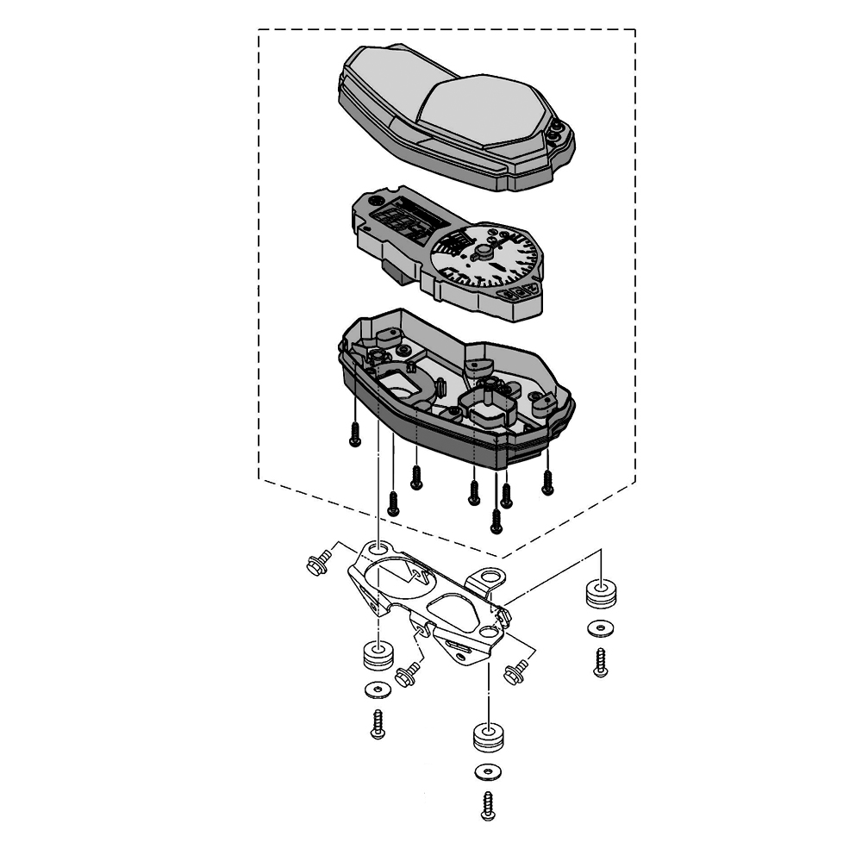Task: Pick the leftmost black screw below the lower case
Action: coord(354,437)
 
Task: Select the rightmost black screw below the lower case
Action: coord(547,484)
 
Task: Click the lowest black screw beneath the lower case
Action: coord(496,520)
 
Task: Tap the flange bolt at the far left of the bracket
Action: coord(315,564)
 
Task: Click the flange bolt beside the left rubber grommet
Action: coord(406,674)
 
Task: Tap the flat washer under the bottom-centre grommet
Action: coord(487,771)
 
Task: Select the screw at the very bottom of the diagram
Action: coord(489,805)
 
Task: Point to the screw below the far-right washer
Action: coord(601,662)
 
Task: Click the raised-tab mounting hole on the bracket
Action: coord(490,576)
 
